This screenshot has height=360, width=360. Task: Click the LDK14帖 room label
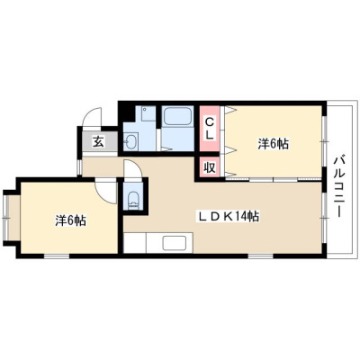point(228,216)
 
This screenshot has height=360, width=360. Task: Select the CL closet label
point(209,128)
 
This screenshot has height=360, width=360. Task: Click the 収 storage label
point(210,167)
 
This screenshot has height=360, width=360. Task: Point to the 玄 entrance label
point(99,142)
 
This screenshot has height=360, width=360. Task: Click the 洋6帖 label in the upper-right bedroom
point(274,144)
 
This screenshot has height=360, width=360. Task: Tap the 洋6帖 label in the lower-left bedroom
point(71,221)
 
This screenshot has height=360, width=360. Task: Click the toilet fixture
point(133,201)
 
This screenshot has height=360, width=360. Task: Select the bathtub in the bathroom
point(177,116)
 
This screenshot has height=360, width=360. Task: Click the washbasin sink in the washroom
point(130,141)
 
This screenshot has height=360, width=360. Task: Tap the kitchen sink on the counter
point(174,242)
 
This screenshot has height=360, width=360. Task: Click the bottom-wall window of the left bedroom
point(57,256)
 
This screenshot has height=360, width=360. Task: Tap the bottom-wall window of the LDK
point(260,256)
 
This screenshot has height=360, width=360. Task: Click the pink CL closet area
point(210,129)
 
